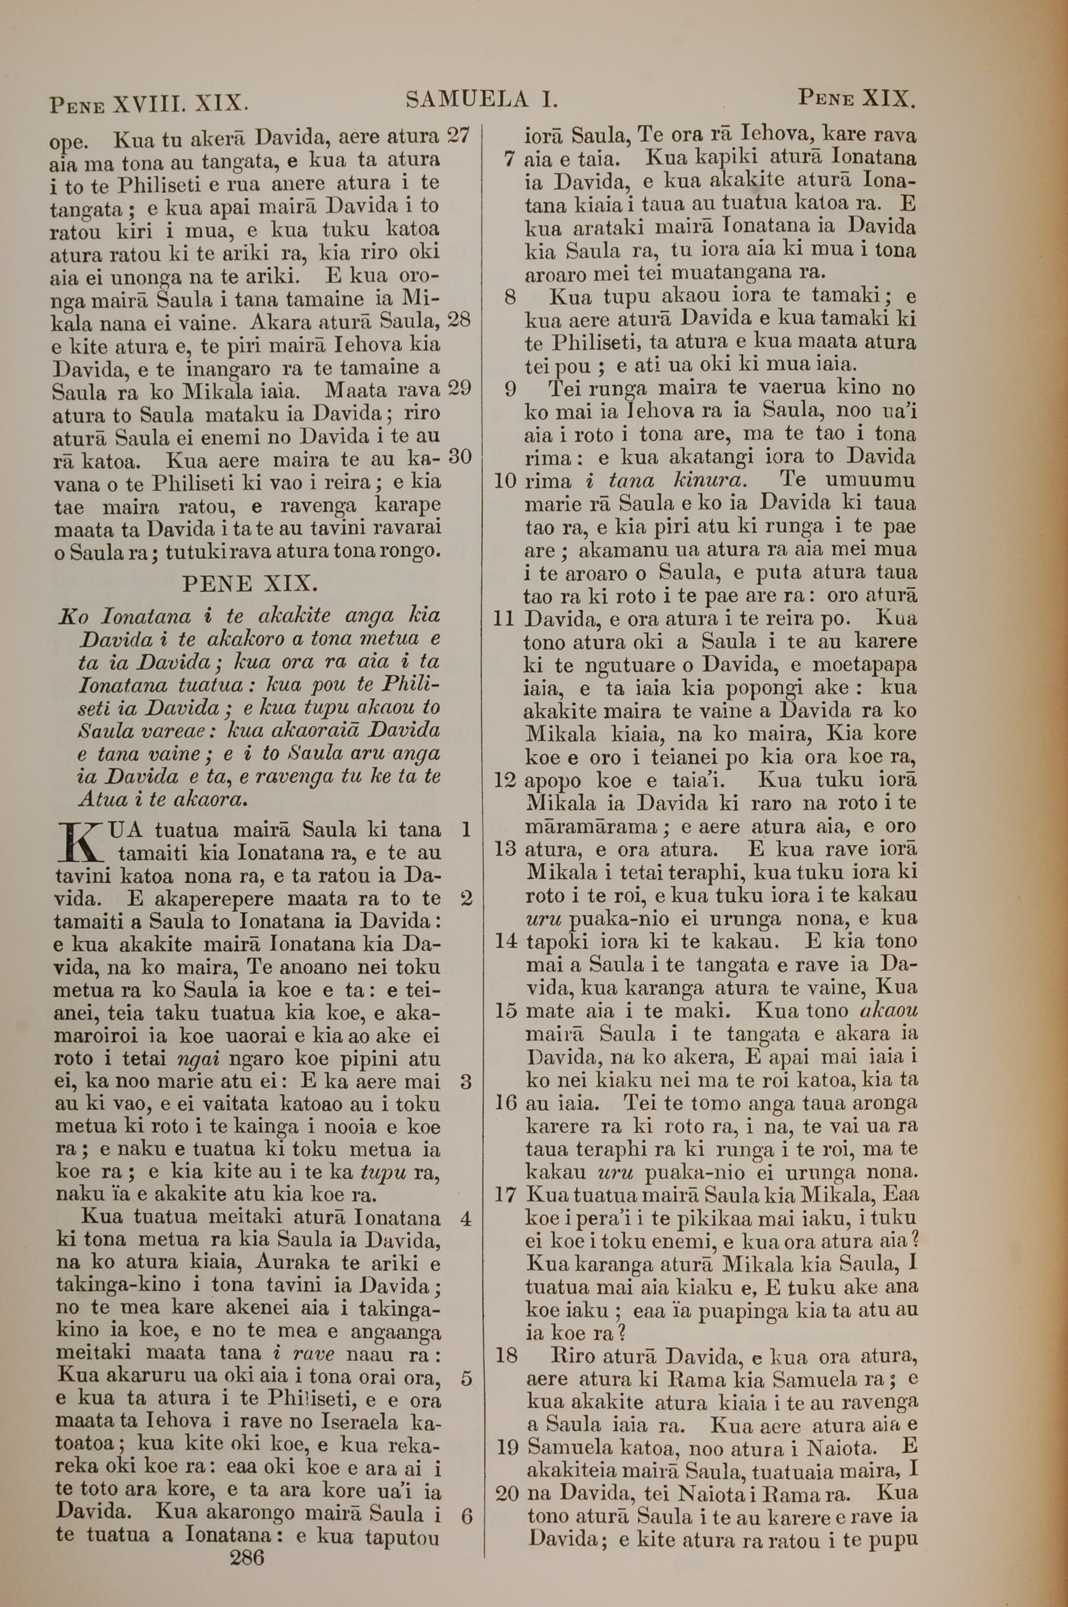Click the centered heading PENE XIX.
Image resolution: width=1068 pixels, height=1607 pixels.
[x=249, y=584]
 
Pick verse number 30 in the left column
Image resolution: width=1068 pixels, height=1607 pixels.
[x=460, y=456]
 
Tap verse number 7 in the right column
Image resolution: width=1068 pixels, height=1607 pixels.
[x=509, y=159]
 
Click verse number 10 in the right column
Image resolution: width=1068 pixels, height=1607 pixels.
[x=505, y=481]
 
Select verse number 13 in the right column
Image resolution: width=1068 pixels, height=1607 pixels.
[x=505, y=849]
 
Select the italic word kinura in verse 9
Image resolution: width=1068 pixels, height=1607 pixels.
[x=710, y=481]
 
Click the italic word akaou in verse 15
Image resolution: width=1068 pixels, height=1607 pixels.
[x=889, y=1011]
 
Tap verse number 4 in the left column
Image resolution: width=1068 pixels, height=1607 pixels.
[x=466, y=1218]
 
